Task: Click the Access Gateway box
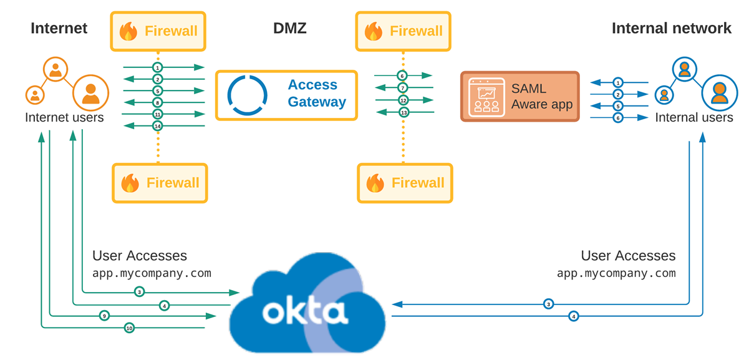coord(286,95)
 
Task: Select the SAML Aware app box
coord(519,96)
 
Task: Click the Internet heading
coord(59,28)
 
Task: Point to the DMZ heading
coord(290,28)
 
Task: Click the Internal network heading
coord(671,28)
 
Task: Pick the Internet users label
coord(64,117)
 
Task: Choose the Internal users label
coord(693,117)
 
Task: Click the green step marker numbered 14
coord(158,126)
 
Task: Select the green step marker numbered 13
coord(403,112)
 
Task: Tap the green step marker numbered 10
coord(129,328)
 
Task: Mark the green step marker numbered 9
coord(104,316)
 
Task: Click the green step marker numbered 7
coord(403,88)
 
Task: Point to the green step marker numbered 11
coord(158,114)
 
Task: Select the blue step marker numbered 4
coord(574,316)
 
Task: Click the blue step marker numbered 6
coord(617,117)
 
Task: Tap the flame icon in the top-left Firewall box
coord(128,31)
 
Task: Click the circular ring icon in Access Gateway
coord(247,95)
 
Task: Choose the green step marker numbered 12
coord(403,100)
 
